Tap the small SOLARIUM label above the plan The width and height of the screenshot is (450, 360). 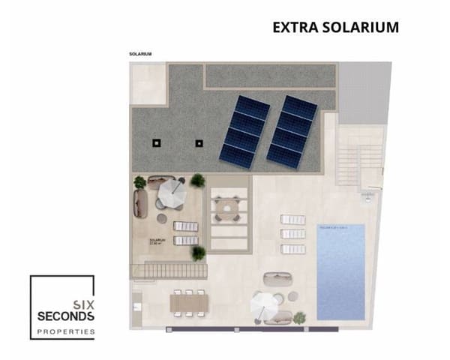[x=140, y=54]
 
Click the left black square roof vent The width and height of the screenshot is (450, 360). [x=157, y=142]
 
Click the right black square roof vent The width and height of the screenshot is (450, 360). [x=199, y=142]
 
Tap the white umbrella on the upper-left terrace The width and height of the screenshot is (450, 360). [x=172, y=193]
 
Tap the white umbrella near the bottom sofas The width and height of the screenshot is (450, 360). [x=263, y=303]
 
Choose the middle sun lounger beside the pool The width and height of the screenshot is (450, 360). [x=293, y=232]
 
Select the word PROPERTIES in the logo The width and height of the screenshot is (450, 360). [x=66, y=330]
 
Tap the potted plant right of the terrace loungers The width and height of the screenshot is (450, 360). [x=198, y=253]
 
